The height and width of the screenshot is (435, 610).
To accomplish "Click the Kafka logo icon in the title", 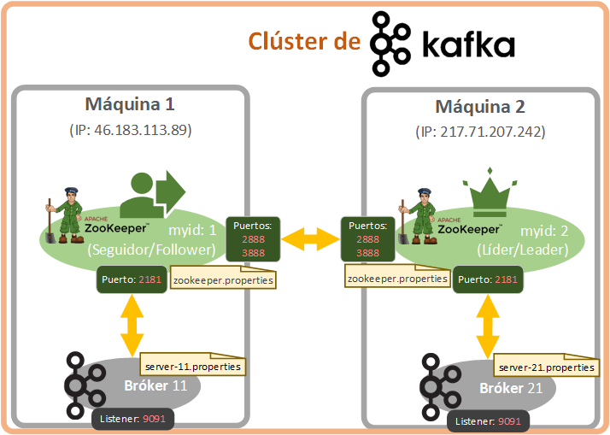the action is pos(390,44).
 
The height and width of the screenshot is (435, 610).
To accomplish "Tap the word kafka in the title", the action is pos(469,45).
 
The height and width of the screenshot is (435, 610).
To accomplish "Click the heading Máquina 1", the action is pos(130,104).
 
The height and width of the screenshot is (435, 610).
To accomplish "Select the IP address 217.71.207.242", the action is pos(492,132).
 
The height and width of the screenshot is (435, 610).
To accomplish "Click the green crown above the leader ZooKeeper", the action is pos(490,192).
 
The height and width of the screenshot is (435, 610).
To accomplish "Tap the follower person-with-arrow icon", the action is pos(152,194).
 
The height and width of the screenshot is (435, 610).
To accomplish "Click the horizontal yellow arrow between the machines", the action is pos(310,239).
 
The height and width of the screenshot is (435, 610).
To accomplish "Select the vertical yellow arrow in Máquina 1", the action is pos(132,326).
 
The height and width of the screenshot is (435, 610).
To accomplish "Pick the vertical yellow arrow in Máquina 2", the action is pos(488,326).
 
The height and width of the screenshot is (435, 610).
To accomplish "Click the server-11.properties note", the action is pos(193,364).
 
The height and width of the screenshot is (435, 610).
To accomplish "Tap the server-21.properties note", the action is pos(547,365).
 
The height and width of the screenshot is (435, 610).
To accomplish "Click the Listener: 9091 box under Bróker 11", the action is pos(132,419).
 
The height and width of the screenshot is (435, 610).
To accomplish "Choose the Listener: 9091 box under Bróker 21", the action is pos(488,421).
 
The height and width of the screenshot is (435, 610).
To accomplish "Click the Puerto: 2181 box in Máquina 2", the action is pos(488,279).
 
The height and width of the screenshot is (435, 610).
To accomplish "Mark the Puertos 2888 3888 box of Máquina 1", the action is pos(253,239).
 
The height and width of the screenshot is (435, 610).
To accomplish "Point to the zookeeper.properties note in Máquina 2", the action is pos(397,276).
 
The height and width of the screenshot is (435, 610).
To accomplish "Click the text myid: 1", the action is pos(192,231).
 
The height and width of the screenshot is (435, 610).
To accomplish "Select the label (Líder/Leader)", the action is pos(523,250).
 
